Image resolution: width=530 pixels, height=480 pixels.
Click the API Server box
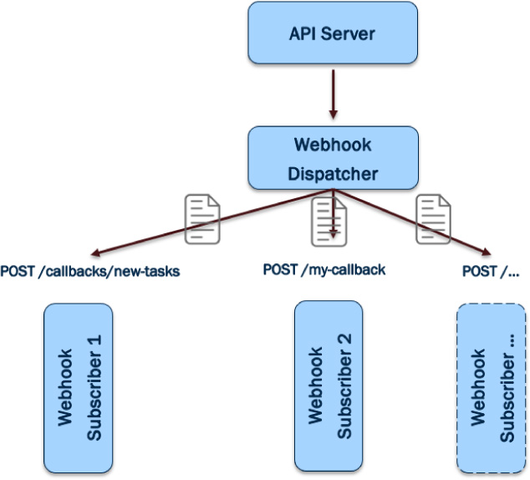tap(332, 34)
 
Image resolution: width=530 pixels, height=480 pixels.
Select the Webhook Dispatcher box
tap(332, 158)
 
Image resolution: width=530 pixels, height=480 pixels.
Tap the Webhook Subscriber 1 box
tap(77, 387)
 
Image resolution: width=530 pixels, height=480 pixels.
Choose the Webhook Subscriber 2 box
tap(328, 387)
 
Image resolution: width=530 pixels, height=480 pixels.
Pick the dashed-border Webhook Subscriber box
tap(491, 389)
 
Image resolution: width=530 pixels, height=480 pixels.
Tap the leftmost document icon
tap(201, 217)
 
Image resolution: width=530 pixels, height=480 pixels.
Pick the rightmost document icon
tap(434, 217)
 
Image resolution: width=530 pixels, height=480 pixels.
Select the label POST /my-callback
tap(324, 270)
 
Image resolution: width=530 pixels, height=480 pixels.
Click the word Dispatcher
tap(333, 174)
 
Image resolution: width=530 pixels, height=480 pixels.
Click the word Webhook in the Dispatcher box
tap(333, 144)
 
